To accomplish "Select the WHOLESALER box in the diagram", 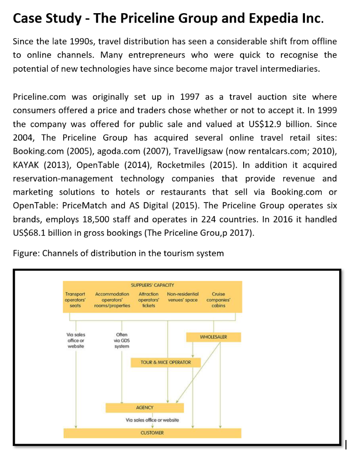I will coord(213,337).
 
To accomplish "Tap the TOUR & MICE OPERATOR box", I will coord(165,362).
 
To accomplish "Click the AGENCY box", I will coord(145,407).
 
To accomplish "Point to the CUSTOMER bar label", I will coord(152,433).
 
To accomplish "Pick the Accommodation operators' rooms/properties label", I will coord(112,300).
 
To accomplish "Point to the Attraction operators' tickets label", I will coord(148,300).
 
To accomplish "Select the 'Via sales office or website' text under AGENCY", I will coord(152,420).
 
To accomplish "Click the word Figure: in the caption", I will coord(26,253).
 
